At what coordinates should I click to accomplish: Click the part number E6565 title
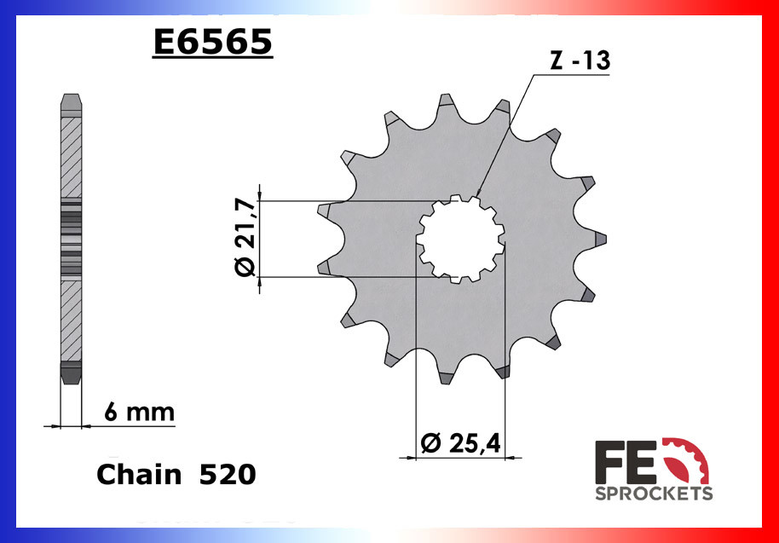coord(212,43)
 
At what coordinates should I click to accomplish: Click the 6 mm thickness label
coord(138,413)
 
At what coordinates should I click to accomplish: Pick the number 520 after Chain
coord(227,474)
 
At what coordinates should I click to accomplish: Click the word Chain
coord(138,474)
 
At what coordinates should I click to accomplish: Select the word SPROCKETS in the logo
coord(654,494)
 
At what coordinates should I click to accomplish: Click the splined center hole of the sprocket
coord(460,239)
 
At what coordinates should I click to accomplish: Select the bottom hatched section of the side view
coord(71,320)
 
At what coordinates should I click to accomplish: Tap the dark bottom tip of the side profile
coord(71,373)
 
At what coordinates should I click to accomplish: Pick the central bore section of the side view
coord(71,239)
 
